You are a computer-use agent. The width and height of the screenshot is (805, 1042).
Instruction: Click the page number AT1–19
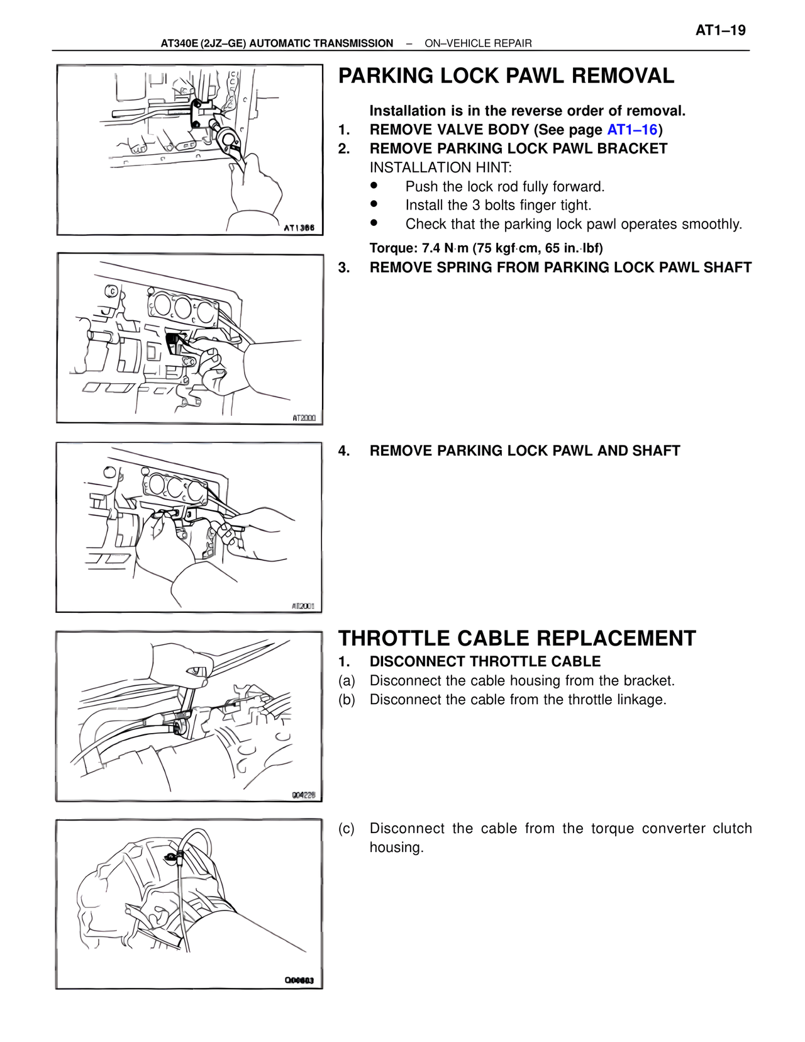720,30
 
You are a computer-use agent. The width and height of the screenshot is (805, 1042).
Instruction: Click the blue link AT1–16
631,130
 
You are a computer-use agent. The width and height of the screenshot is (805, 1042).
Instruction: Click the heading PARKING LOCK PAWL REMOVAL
506,76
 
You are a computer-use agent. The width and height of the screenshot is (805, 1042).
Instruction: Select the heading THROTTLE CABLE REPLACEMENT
517,638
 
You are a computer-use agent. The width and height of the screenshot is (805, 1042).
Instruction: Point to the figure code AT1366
299,228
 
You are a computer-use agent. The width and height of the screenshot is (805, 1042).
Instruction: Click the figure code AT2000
304,418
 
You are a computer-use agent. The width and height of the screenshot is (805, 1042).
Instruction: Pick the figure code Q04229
303,795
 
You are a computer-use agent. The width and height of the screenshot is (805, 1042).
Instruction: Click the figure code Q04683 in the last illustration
299,980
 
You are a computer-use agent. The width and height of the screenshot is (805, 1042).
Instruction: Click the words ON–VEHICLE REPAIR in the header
478,43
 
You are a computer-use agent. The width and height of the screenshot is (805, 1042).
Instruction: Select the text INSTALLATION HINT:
441,167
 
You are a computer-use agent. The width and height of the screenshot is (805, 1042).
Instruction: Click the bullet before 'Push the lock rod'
374,186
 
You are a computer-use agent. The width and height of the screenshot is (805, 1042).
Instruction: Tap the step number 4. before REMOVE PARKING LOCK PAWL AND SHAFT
344,451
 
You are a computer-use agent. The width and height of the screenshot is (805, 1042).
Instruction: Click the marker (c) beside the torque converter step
347,828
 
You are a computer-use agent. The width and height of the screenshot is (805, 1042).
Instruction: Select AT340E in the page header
179,43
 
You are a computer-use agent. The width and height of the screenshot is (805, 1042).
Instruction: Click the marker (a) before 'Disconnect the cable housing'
347,680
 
